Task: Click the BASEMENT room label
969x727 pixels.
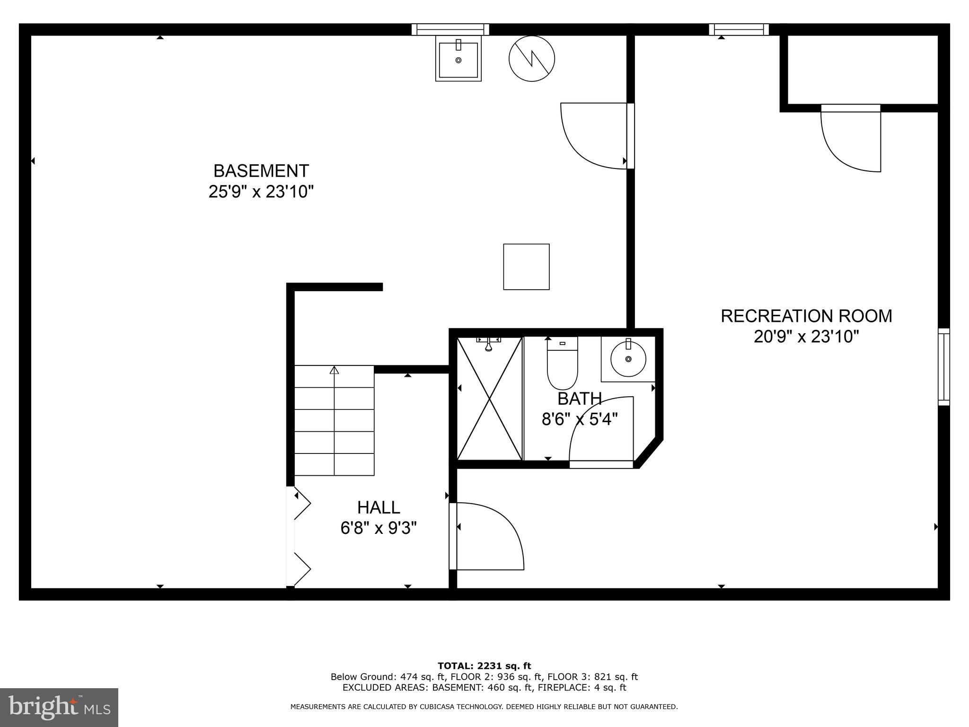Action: pos(261,170)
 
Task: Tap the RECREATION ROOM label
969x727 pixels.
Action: pos(806,316)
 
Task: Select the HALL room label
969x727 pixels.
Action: pos(379,507)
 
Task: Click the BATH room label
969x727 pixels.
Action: pos(580,399)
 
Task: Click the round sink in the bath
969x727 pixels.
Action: pos(628,359)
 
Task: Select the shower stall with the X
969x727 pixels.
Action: pos(490,398)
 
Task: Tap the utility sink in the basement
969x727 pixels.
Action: pos(458,59)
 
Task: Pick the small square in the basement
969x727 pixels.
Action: pos(526,266)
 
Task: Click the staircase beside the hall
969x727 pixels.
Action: pos(335,420)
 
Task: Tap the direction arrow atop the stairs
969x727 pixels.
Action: pos(335,370)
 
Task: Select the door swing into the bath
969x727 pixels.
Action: pos(601,429)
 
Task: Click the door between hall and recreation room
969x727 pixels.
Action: pos(486,536)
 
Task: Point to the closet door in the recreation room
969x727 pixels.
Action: pos(851,138)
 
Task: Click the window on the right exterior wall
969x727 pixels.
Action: pos(944,367)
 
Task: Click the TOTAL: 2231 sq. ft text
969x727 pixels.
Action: pos(484,666)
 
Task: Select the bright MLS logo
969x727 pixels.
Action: pos(59,708)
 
